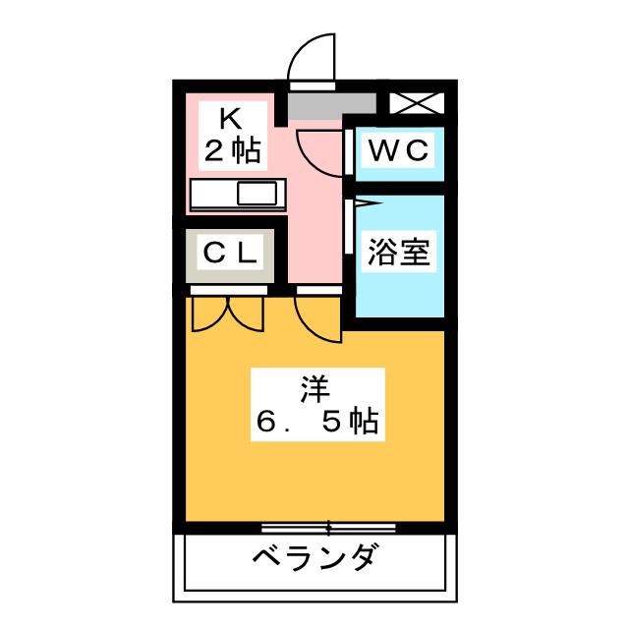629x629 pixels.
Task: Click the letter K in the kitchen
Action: coord(231,119)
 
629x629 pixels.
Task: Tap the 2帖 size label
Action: coord(232,150)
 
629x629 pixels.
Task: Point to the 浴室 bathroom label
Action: coord(398,253)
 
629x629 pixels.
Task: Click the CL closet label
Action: coord(230,253)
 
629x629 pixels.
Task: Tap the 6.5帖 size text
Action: coord(314,423)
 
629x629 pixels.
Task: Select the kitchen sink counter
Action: coord(237,195)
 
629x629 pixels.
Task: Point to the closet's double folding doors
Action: coord(228,314)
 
